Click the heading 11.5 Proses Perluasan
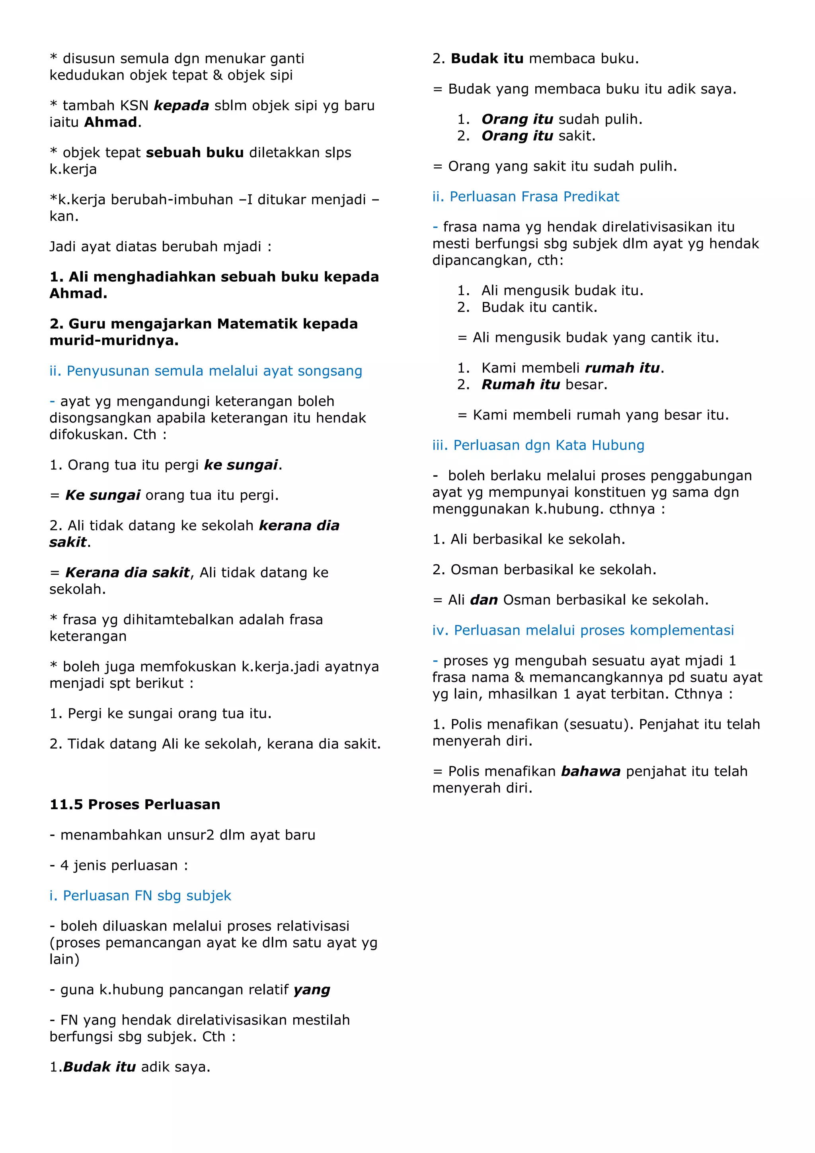(135, 805)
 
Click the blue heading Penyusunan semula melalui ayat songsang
(206, 371)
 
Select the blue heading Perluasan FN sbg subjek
(140, 895)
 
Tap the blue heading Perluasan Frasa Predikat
(526, 196)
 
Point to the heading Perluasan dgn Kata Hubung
(538, 445)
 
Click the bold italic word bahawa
(591, 771)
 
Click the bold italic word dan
(484, 600)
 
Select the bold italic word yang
(312, 990)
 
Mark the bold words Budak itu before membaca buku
(487, 59)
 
